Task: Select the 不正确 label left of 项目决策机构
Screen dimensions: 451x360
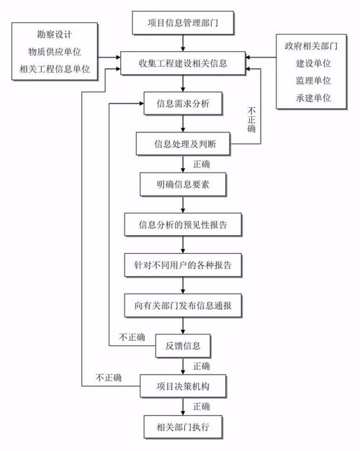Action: [x=108, y=378]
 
